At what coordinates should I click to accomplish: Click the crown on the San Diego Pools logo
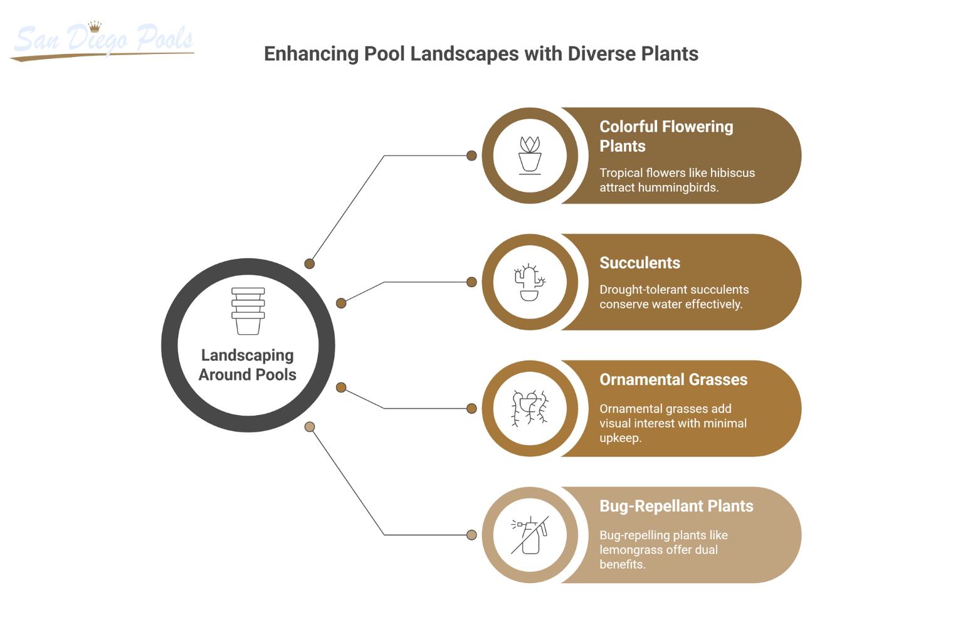95,26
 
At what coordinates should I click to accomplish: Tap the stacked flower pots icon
248,311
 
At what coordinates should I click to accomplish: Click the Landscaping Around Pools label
248,365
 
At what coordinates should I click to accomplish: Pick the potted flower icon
530,155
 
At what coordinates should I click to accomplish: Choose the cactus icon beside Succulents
530,282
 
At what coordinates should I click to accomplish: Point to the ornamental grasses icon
530,408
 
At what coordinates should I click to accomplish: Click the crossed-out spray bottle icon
530,535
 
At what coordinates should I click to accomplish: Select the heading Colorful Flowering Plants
666,136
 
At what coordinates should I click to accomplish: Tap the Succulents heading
639,263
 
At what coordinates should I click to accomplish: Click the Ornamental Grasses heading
673,379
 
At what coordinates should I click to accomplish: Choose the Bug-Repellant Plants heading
676,506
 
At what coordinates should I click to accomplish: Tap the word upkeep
620,438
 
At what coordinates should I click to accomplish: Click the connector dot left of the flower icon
471,155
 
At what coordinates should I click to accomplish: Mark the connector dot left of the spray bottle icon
471,535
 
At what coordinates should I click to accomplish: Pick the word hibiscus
732,173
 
